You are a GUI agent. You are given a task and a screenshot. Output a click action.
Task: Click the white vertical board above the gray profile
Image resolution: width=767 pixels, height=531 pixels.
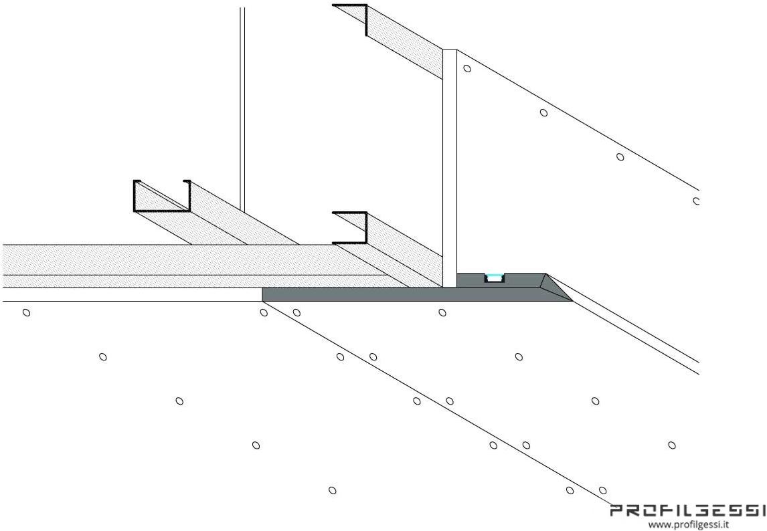[x=450, y=168]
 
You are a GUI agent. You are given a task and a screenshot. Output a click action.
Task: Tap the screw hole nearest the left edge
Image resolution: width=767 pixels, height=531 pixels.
[x=26, y=312]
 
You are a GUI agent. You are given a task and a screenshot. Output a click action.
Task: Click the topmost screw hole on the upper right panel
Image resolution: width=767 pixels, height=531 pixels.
[x=467, y=68]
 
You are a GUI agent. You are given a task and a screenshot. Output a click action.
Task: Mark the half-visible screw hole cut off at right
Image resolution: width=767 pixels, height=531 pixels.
[x=696, y=201]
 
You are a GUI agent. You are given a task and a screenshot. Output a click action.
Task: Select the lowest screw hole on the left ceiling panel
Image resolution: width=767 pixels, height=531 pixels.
[x=332, y=490]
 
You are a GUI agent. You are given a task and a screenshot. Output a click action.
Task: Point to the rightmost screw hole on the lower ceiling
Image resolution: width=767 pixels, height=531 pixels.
[x=671, y=445]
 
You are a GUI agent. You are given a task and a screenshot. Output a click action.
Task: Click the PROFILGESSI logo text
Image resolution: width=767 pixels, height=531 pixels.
[x=688, y=511]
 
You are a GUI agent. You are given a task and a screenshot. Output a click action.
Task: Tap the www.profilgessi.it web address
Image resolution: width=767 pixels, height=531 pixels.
[x=689, y=524]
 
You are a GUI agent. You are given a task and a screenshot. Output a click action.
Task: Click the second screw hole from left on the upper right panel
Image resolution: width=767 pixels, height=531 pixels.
[x=543, y=112]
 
